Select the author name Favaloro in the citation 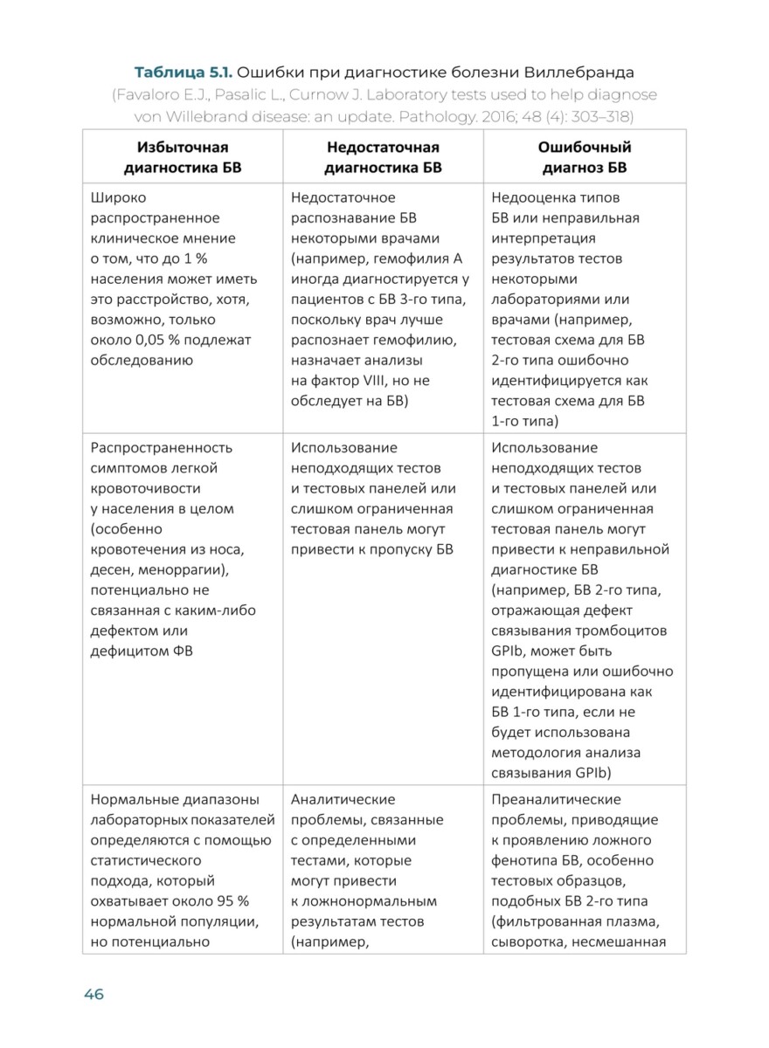tap(158, 93)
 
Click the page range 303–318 tap(601, 116)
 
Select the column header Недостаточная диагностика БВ tap(383, 157)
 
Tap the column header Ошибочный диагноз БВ tap(584, 157)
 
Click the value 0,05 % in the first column tap(149, 340)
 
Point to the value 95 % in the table tap(227, 900)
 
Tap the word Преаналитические tap(557, 799)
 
